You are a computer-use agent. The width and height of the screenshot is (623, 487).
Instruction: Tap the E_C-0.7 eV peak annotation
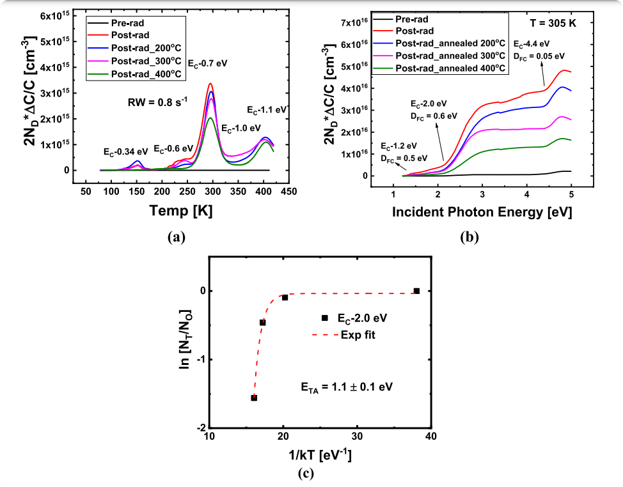208,65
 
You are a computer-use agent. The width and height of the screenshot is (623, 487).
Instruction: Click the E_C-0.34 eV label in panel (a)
126,151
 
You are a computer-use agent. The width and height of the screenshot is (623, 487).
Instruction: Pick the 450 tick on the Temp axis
288,191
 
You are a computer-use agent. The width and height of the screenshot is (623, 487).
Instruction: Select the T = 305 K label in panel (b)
553,22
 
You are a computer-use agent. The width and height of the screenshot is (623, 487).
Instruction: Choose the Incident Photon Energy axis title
482,210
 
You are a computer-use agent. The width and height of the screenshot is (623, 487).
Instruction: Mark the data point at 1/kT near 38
416,291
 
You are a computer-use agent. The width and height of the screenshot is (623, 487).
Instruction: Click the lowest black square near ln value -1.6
254,398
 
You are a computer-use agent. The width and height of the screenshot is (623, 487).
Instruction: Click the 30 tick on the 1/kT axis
357,437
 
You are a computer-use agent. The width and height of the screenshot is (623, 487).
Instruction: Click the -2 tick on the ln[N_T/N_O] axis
202,428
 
